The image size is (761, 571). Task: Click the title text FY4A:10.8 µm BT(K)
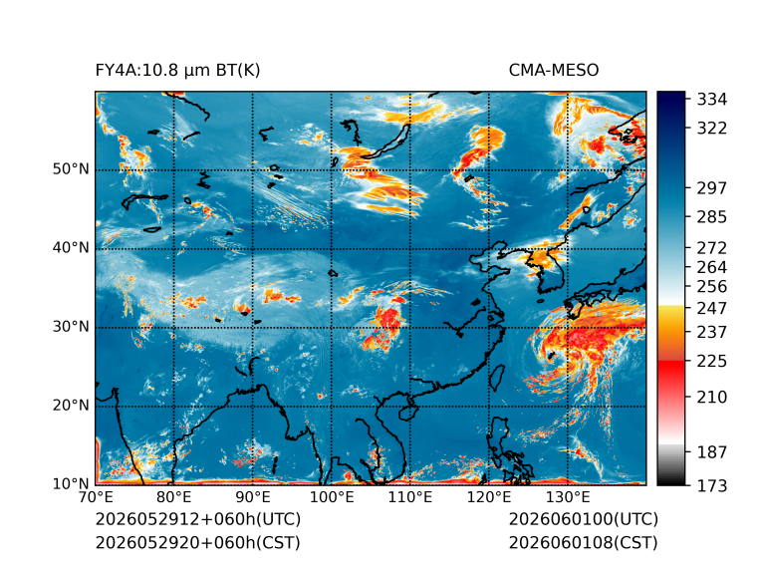pyautogui.click(x=177, y=71)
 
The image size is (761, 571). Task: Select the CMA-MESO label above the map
pyautogui.click(x=554, y=71)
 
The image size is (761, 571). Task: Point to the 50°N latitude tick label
pyautogui.click(x=71, y=169)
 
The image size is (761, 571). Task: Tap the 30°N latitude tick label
pyautogui.click(x=71, y=327)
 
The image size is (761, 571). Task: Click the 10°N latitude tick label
pyautogui.click(x=71, y=484)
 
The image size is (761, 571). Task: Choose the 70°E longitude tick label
pyautogui.click(x=96, y=497)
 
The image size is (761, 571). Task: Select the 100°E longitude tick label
pyautogui.click(x=332, y=497)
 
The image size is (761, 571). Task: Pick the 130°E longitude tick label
pyautogui.click(x=568, y=497)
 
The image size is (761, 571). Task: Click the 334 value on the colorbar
pyautogui.click(x=712, y=100)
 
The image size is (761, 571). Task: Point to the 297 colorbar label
pyautogui.click(x=712, y=188)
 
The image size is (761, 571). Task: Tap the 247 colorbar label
pyautogui.click(x=712, y=308)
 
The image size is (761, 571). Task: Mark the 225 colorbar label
pyautogui.click(x=712, y=362)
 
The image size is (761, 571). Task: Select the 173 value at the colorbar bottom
pyautogui.click(x=712, y=485)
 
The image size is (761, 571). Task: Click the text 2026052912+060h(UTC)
pyautogui.click(x=198, y=519)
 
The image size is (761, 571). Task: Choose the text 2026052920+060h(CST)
pyautogui.click(x=198, y=543)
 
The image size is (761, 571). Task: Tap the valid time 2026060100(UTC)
pyautogui.click(x=584, y=519)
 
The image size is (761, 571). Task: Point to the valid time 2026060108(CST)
pyautogui.click(x=584, y=543)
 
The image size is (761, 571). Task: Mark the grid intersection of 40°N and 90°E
pyautogui.click(x=253, y=249)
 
